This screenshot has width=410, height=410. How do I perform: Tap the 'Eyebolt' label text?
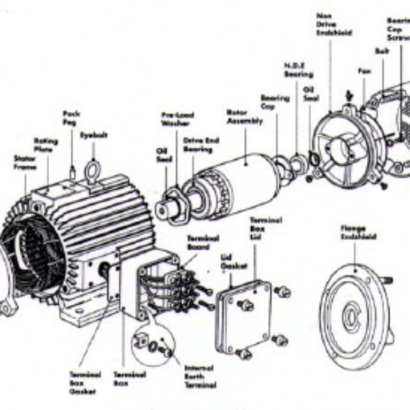[x=93, y=135]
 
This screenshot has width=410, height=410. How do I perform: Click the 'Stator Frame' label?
[x=25, y=161]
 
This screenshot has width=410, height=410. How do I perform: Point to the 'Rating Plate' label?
[x=46, y=145]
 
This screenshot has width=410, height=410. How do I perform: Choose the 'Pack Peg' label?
[x=72, y=117]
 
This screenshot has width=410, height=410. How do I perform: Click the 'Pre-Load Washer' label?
[x=171, y=119]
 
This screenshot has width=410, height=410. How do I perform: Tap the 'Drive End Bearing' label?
[x=197, y=144]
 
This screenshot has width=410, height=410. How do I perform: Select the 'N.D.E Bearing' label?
[x=298, y=69]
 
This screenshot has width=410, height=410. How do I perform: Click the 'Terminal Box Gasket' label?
[x=85, y=383]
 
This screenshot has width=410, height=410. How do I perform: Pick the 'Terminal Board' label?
[x=203, y=241]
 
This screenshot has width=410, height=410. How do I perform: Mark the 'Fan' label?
[x=364, y=70]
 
